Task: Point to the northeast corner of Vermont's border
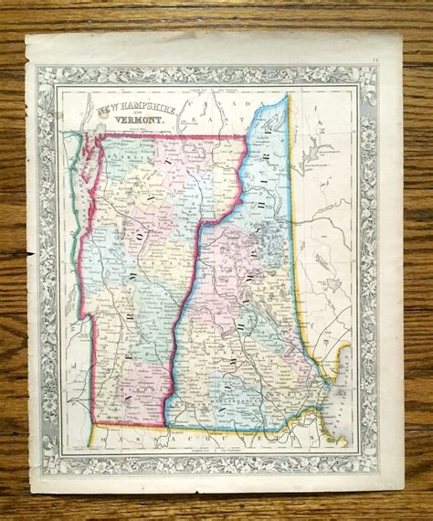tap(246, 138)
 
